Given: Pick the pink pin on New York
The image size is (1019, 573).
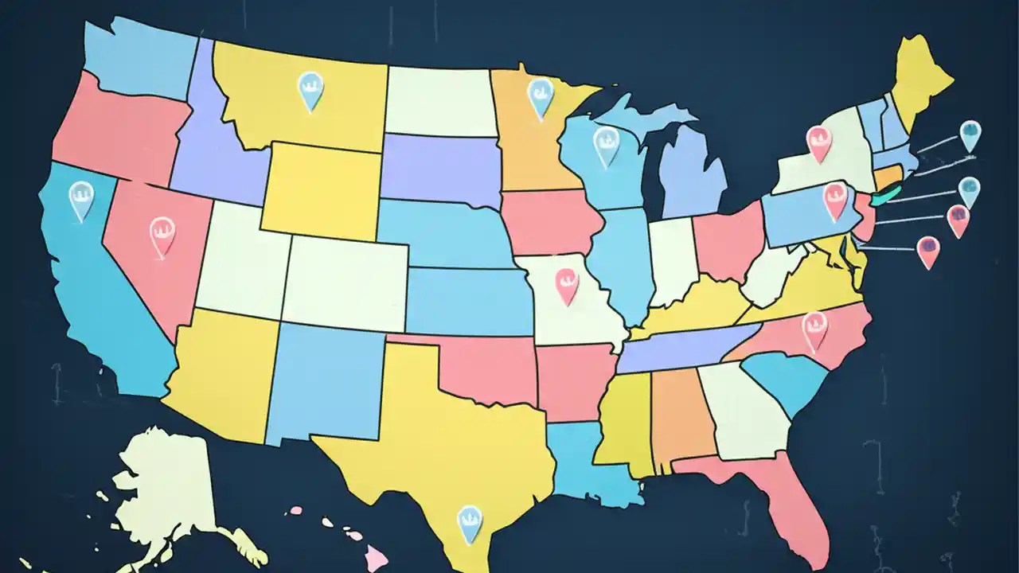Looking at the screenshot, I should pyautogui.click(x=818, y=142).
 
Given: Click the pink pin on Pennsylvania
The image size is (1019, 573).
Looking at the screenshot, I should pyautogui.click(x=834, y=199).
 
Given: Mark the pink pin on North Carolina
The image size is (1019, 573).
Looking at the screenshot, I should pyautogui.click(x=814, y=329).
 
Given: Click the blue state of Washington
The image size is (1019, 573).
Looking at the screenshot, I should pyautogui.click(x=135, y=52).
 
